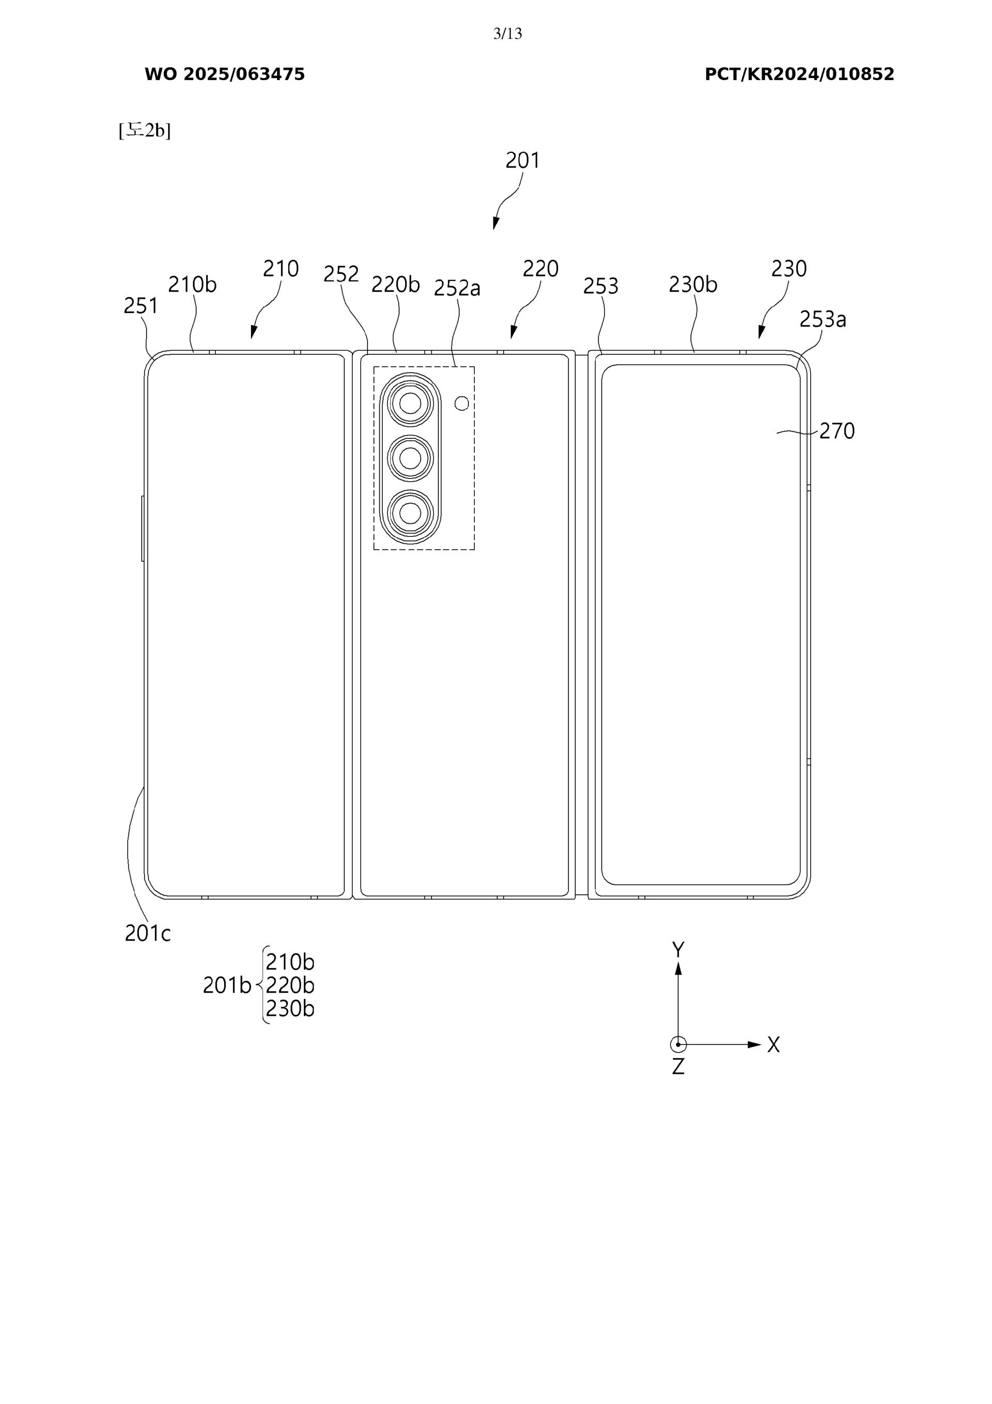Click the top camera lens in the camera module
pyautogui.click(x=410, y=404)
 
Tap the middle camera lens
pyautogui.click(x=410, y=457)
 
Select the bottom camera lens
pyautogui.click(x=410, y=512)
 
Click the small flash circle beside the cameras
pyautogui.click(x=462, y=403)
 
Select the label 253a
pyautogui.click(x=823, y=319)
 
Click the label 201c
pyautogui.click(x=147, y=933)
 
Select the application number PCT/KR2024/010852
pyautogui.click(x=799, y=74)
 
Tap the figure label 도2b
pyautogui.click(x=145, y=130)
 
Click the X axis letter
pyautogui.click(x=773, y=1045)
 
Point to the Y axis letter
pyautogui.click(x=678, y=950)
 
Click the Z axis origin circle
pyautogui.click(x=678, y=1044)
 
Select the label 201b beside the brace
pyautogui.click(x=227, y=985)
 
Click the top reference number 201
pyautogui.click(x=522, y=160)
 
